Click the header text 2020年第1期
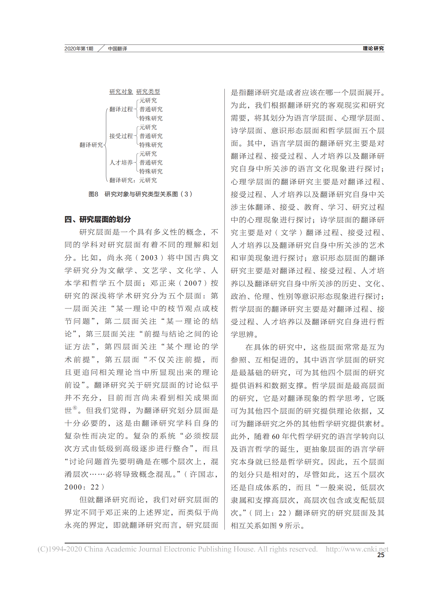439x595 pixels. pyautogui.click(x=79, y=49)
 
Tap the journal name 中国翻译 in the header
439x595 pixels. pyautogui.click(x=118, y=49)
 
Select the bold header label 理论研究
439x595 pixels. pyautogui.click(x=373, y=48)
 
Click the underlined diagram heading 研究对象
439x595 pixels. pyautogui.click(x=121, y=91)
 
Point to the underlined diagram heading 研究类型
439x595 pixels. pyautogui.click(x=148, y=91)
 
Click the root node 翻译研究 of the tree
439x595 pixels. pyautogui.click(x=91, y=145)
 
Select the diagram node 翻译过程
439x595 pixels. pyautogui.click(x=121, y=109)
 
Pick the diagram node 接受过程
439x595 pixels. pyautogui.click(x=121, y=136)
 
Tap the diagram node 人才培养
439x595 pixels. pyautogui.click(x=121, y=162)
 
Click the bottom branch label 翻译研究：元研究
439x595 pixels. pyautogui.click(x=133, y=180)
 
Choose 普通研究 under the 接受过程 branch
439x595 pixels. pyautogui.click(x=151, y=136)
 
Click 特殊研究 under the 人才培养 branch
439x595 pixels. pyautogui.click(x=151, y=171)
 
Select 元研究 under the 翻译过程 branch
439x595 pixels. pyautogui.click(x=148, y=100)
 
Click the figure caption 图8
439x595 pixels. pyautogui.click(x=93, y=194)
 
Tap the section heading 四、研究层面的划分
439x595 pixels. pyautogui.click(x=98, y=219)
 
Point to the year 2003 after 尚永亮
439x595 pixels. pyautogui.click(x=149, y=258)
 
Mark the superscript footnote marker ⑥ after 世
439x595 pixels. pyautogui.click(x=75, y=408)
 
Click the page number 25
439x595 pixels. pyautogui.click(x=381, y=555)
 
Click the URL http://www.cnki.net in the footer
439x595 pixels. pyautogui.click(x=357, y=549)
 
